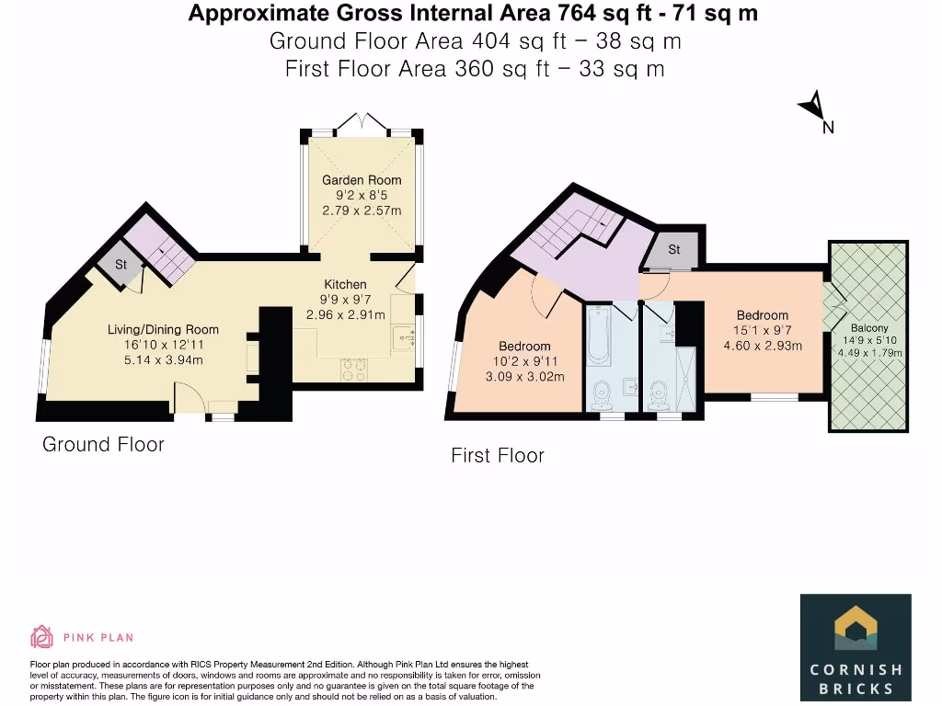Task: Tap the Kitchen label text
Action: pyautogui.click(x=345, y=284)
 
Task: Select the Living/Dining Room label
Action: pyautogui.click(x=164, y=329)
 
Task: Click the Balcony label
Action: pyautogui.click(x=869, y=328)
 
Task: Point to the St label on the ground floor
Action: pyautogui.click(x=121, y=265)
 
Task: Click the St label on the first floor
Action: pyautogui.click(x=674, y=250)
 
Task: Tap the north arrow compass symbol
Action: pyautogui.click(x=813, y=110)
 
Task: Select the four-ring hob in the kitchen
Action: pyautogui.click(x=353, y=370)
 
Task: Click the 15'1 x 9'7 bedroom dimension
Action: pyautogui.click(x=762, y=331)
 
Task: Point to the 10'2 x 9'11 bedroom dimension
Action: pyautogui.click(x=523, y=361)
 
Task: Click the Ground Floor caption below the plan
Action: pyautogui.click(x=103, y=445)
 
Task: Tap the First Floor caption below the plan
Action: pyautogui.click(x=498, y=456)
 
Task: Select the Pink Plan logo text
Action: pyautogui.click(x=98, y=636)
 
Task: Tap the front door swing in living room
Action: pyautogui.click(x=188, y=398)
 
